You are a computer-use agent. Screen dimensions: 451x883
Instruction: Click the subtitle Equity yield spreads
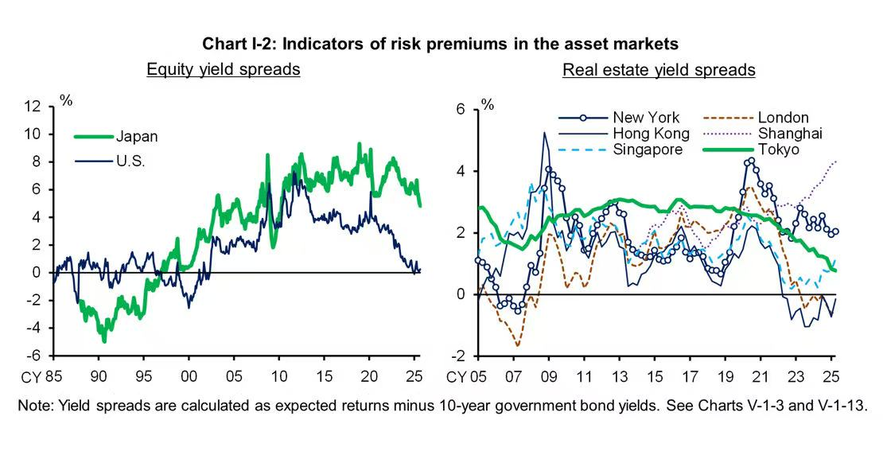[223, 69]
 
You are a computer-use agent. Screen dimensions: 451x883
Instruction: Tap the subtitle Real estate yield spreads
[659, 69]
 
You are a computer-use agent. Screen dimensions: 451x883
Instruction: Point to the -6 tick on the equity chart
[35, 356]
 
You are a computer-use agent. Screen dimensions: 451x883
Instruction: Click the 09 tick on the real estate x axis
[549, 375]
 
